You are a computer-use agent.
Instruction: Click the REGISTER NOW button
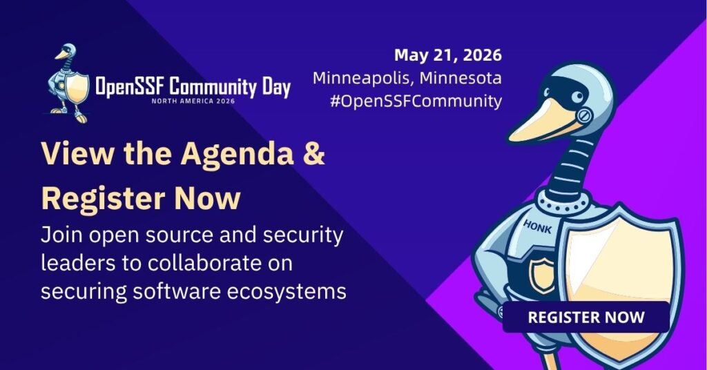click(x=585, y=317)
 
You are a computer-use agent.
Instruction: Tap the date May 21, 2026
click(x=447, y=55)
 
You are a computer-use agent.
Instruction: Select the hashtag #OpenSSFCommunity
click(x=416, y=101)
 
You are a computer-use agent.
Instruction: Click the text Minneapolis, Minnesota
click(x=407, y=78)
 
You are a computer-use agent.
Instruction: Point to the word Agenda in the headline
click(x=238, y=154)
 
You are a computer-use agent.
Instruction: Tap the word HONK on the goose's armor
click(x=537, y=226)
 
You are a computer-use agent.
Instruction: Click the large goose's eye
click(x=577, y=96)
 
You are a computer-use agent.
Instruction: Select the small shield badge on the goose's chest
click(x=542, y=275)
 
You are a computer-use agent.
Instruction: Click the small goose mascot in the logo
click(x=68, y=84)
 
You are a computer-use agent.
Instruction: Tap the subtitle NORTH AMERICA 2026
click(x=193, y=101)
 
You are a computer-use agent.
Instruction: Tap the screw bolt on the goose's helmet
click(x=584, y=116)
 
